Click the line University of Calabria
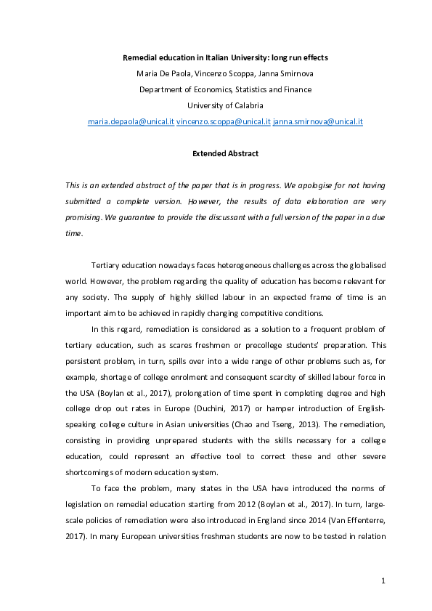point(216,105)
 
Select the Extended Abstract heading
point(216,154)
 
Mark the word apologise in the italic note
point(273,185)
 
